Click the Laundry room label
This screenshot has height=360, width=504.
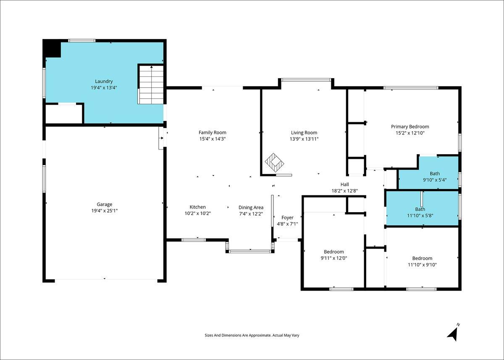click(x=104, y=81)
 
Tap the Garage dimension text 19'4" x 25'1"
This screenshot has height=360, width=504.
click(x=105, y=211)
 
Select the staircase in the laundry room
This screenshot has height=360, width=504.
click(x=151, y=84)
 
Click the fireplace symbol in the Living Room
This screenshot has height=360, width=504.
click(x=274, y=163)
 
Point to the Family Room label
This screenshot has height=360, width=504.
click(x=213, y=132)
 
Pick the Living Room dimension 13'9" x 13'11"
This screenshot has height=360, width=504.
click(x=304, y=139)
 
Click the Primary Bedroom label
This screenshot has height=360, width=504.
click(x=410, y=127)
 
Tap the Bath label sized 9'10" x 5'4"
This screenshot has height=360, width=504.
click(x=435, y=174)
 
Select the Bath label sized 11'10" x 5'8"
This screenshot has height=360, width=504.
click(x=420, y=209)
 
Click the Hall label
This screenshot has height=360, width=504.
click(x=345, y=184)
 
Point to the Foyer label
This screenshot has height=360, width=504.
click(x=287, y=218)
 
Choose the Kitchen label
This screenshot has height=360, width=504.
click(x=197, y=207)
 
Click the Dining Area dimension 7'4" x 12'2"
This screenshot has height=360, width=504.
click(x=251, y=214)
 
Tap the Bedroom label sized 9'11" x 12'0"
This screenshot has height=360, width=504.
click(x=333, y=252)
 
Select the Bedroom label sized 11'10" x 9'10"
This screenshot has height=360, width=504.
click(x=422, y=258)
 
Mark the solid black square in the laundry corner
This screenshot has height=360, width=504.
click(x=52, y=48)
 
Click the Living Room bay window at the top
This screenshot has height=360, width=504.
click(x=306, y=80)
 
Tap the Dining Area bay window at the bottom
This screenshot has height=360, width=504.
click(x=250, y=252)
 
